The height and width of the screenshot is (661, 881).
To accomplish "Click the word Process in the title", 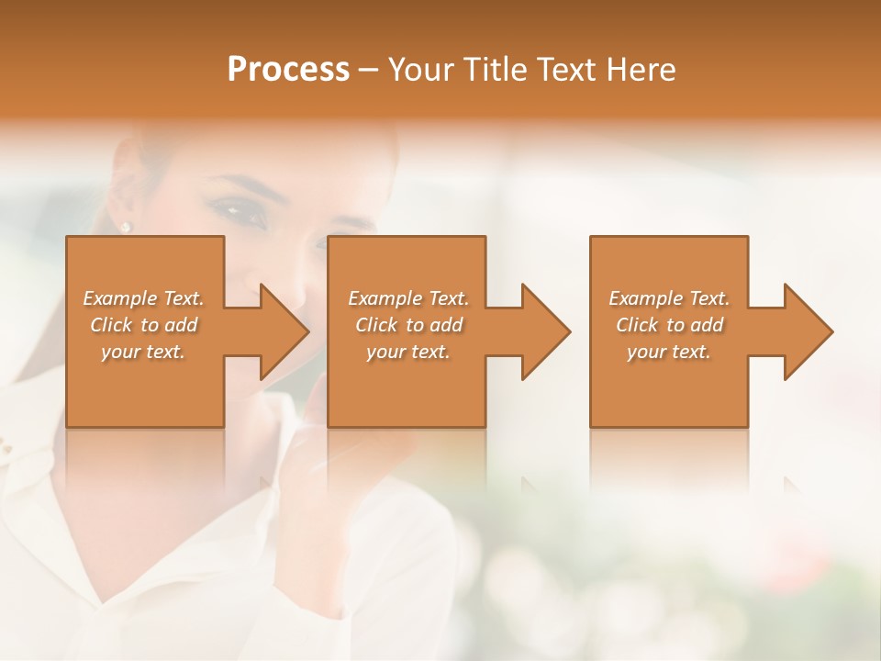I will [x=288, y=70].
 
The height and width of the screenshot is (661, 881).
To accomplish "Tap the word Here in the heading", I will [x=641, y=70].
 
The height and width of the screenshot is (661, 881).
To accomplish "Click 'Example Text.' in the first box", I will [x=143, y=298].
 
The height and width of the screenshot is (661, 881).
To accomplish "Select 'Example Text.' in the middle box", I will [x=408, y=298].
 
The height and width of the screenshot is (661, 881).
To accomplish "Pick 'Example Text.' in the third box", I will [x=669, y=298].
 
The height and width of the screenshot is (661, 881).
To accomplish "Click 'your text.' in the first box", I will [x=143, y=352].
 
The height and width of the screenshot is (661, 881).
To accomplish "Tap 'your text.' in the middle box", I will [x=408, y=352].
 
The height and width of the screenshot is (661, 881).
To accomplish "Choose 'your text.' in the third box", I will [x=669, y=352].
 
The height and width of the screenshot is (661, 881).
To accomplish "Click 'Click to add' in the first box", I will [x=143, y=325].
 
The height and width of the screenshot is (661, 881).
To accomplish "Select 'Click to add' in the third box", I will [x=669, y=325].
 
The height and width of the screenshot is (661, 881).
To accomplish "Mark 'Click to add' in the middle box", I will [x=408, y=325].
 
